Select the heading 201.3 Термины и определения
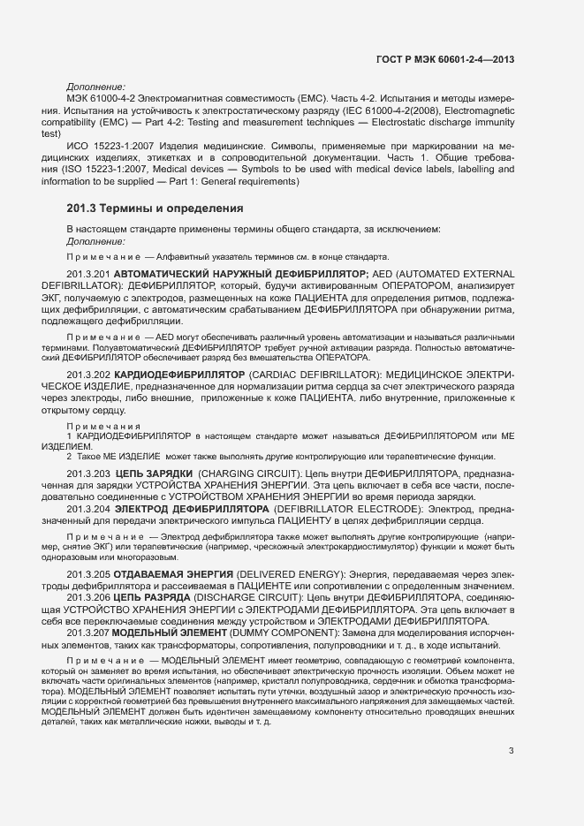[x=155, y=208]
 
